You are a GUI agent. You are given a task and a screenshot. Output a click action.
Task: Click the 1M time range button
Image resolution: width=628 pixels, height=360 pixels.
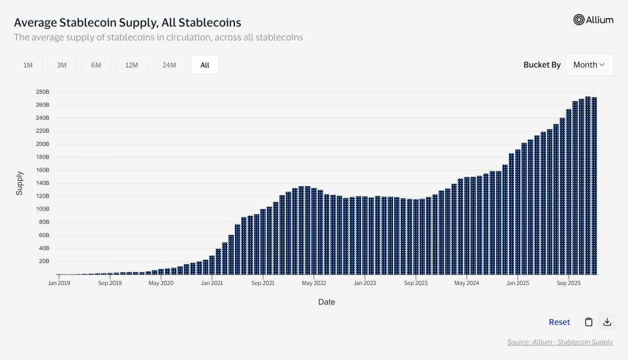(x=28, y=65)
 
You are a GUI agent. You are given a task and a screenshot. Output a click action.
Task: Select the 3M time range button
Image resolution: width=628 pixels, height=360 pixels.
(x=62, y=65)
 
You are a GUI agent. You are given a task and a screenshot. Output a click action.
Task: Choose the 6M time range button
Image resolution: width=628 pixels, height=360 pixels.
(x=96, y=65)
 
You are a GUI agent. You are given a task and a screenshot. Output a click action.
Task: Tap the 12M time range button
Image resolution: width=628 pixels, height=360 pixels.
(x=131, y=65)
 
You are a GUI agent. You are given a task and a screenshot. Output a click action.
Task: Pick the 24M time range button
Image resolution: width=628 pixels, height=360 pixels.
(x=169, y=65)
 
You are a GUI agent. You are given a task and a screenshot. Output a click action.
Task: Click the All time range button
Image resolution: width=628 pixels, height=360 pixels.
(x=205, y=65)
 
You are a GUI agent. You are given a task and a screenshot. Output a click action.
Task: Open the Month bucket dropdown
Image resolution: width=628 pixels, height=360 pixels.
(x=589, y=65)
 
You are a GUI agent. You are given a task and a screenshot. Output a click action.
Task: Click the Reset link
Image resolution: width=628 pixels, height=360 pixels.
(x=559, y=322)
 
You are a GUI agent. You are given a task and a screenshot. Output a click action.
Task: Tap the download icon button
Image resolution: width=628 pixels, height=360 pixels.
(x=607, y=322)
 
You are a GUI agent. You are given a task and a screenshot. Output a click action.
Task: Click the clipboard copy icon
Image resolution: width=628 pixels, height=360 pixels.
(x=588, y=322)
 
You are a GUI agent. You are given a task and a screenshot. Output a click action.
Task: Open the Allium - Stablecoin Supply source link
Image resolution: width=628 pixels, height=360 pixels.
(x=560, y=342)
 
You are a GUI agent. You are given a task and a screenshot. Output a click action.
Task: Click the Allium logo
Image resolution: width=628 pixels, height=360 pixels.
(x=593, y=20)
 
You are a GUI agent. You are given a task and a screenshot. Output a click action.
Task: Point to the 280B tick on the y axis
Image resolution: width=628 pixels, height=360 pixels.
(x=42, y=92)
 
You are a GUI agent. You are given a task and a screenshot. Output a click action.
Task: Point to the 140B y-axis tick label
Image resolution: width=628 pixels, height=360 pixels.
(x=42, y=183)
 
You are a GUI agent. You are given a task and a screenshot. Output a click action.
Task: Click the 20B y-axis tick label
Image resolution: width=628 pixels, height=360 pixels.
(x=44, y=261)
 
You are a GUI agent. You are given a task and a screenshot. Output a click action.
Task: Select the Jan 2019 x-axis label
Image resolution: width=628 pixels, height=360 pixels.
(x=59, y=283)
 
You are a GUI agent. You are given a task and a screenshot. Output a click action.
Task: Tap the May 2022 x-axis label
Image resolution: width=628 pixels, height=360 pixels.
(x=314, y=283)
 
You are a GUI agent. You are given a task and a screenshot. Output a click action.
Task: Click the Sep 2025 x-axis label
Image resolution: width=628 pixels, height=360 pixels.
(x=569, y=283)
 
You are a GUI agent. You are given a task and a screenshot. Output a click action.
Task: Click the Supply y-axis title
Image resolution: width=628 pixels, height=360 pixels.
(x=20, y=183)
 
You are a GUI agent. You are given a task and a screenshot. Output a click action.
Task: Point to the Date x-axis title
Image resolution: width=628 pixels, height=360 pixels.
(x=326, y=302)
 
